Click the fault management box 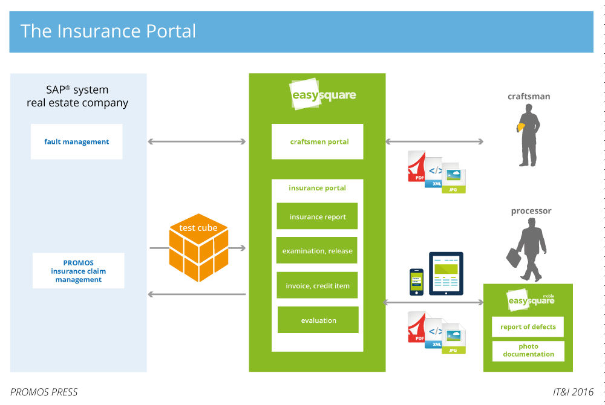76,141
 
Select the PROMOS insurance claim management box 78,271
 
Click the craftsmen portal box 317,141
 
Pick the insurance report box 317,216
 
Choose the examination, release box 317,250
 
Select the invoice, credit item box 317,285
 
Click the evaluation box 318,320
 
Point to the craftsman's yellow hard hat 520,127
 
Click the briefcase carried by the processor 514,257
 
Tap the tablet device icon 446,273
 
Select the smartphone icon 416,282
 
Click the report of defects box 528,326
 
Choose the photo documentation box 528,351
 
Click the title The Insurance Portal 108,31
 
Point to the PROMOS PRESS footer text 44,392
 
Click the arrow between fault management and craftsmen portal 197,142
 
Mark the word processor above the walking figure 531,211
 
